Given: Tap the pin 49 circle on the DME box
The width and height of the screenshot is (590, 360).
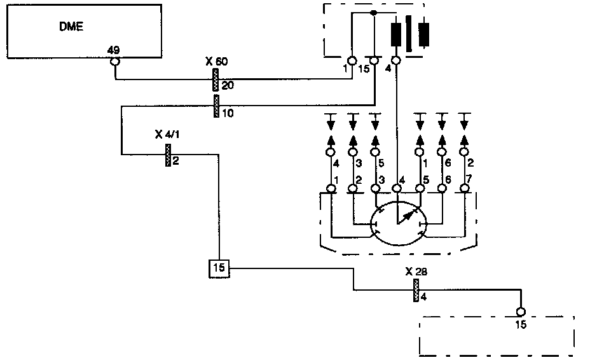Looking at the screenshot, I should point(115,62).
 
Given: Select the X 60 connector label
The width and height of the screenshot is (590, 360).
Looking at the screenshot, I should point(217,61).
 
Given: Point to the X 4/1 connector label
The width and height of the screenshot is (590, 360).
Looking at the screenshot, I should point(167,134).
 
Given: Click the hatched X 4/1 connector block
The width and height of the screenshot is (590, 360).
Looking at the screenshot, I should point(168,154).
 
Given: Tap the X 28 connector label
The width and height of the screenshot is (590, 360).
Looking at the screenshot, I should point(416,271).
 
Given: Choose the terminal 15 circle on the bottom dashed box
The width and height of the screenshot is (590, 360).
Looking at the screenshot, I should point(521,312).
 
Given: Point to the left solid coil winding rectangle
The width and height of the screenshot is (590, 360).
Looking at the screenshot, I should point(395,34).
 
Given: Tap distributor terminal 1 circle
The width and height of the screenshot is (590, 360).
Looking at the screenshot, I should point(331,189).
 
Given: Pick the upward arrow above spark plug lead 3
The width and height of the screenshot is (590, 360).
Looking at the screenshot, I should point(353,139).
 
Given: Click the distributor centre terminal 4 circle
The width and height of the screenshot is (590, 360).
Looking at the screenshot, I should point(397,189).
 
